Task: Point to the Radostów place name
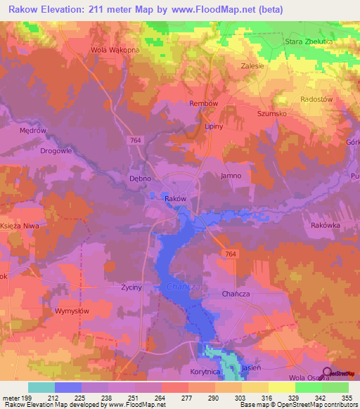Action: (x=316, y=99)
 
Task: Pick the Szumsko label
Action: (x=270, y=112)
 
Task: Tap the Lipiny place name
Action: (x=213, y=126)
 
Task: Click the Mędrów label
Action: (x=32, y=131)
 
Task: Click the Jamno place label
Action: (x=231, y=176)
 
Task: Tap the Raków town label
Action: (x=175, y=199)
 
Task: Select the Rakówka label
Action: (x=325, y=226)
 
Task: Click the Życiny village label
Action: (x=131, y=288)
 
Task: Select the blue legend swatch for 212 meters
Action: (x=68, y=387)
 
